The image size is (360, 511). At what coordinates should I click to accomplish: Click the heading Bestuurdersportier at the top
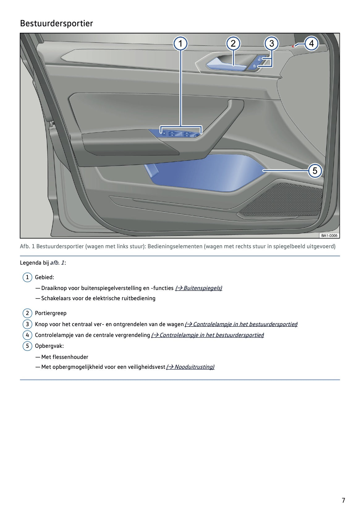click(56, 23)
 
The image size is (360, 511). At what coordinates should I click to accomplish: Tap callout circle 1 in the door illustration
click(180, 44)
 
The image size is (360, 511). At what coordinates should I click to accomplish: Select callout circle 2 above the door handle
click(233, 44)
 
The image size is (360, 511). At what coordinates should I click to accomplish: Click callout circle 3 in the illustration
click(271, 44)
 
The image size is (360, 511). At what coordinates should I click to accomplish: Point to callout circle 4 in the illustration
click(311, 44)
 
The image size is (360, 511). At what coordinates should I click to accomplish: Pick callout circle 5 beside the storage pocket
click(315, 171)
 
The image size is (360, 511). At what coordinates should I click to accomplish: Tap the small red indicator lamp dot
click(293, 46)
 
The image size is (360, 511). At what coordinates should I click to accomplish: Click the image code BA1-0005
click(329, 236)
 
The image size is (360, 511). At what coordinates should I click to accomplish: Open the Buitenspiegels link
click(199, 288)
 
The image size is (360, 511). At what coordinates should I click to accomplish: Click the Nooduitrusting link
click(190, 367)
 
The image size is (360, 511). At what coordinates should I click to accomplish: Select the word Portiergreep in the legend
click(51, 313)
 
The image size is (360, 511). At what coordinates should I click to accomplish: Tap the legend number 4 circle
click(27, 335)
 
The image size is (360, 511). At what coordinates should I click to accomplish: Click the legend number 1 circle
click(27, 277)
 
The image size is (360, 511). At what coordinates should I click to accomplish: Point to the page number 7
click(343, 500)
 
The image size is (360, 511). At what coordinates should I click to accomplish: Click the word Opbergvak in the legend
click(49, 346)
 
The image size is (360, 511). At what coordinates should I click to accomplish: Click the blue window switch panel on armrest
click(179, 134)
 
